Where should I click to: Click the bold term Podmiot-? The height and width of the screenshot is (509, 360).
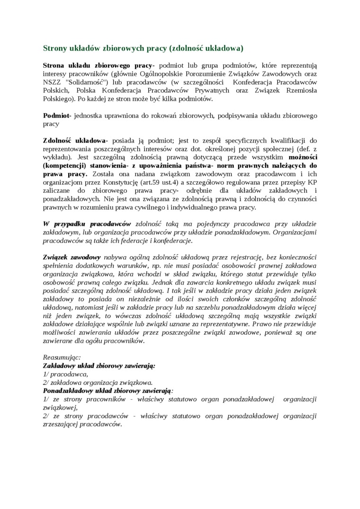[57, 116]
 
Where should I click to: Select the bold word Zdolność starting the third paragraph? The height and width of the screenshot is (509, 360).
[57, 141]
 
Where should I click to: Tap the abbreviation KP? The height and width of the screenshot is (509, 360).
[312, 182]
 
